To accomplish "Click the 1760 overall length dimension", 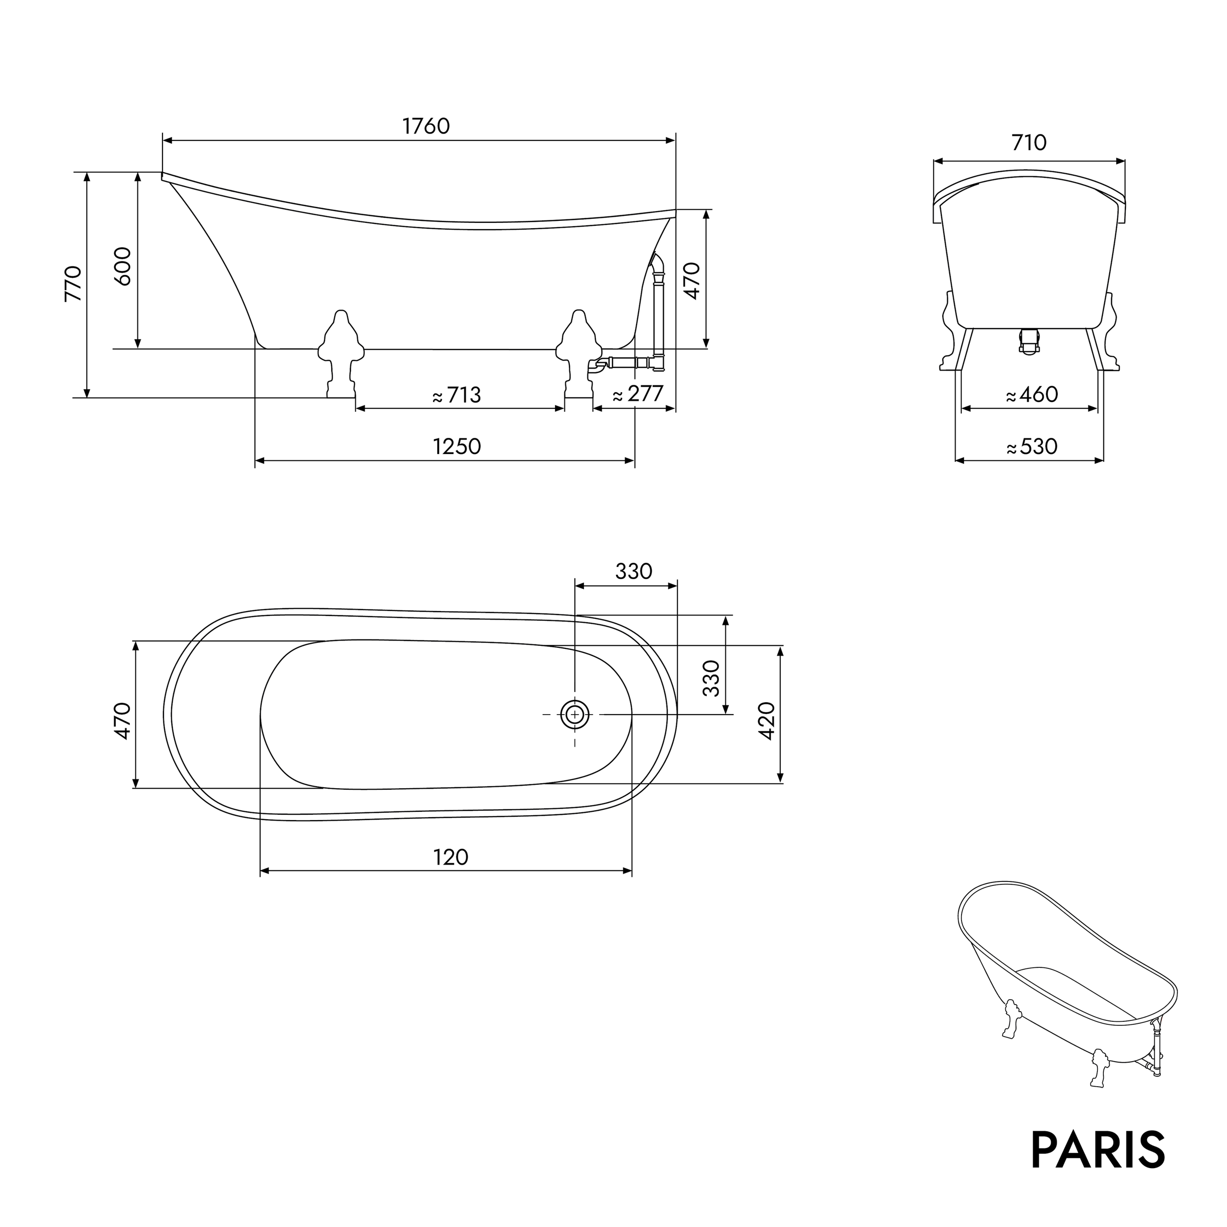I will tap(426, 127).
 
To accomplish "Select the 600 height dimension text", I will tap(123, 266).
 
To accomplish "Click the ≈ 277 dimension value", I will tap(638, 395).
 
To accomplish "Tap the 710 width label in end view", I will tap(1028, 142).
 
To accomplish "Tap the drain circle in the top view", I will tap(575, 715).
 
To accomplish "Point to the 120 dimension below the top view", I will tap(451, 857).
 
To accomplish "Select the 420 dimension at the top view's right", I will tap(767, 721).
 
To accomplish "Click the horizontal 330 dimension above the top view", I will tap(633, 572).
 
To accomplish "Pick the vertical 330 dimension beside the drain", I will tap(713, 678).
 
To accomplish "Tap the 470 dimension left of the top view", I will tap(123, 721).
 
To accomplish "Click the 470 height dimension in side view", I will tap(692, 280).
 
